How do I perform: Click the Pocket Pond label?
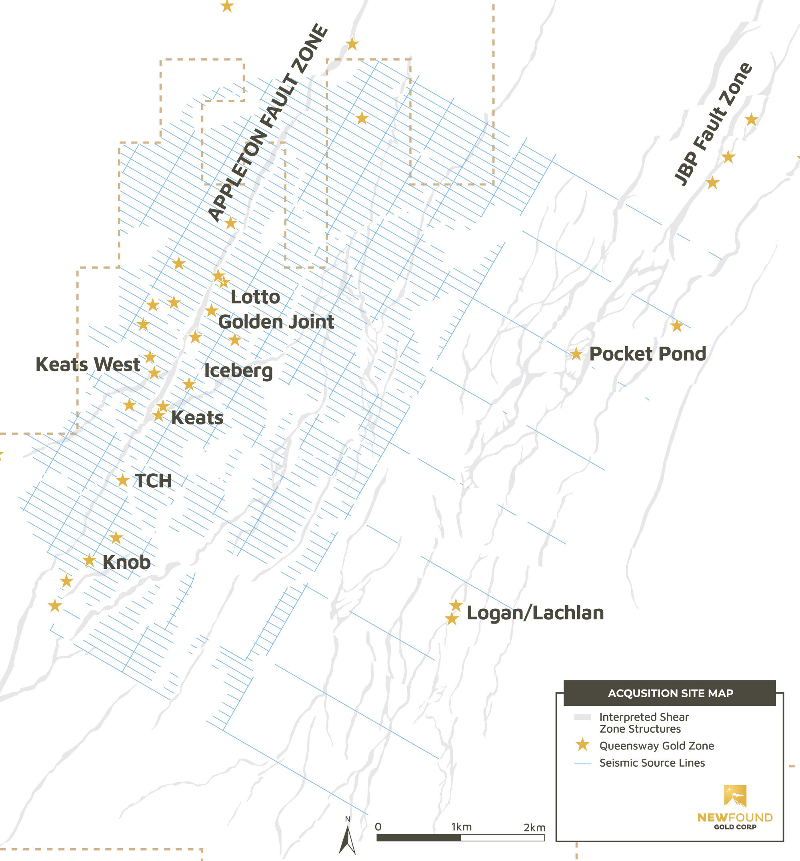(x=647, y=354)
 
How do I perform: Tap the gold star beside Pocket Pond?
(x=576, y=354)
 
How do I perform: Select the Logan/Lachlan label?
(x=535, y=613)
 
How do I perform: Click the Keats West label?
(x=88, y=364)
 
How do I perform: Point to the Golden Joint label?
(x=276, y=322)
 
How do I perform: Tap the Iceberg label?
(x=238, y=371)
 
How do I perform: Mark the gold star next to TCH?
(x=122, y=480)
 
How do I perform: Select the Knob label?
(x=126, y=562)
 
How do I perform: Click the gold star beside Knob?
(x=89, y=560)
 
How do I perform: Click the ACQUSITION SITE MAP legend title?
(x=670, y=693)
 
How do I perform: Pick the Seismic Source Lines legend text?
(x=652, y=763)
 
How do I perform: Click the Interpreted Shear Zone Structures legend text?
(x=644, y=723)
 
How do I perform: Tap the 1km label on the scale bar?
(x=461, y=827)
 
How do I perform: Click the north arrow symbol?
(x=347, y=839)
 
